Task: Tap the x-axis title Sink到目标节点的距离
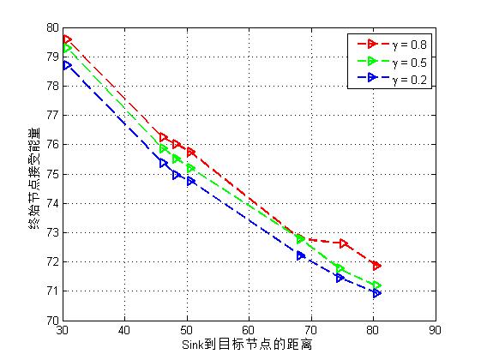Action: point(246,345)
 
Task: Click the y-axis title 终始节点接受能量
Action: point(33,177)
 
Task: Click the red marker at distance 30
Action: point(67,39)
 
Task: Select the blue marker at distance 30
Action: point(67,65)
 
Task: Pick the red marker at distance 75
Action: point(344,243)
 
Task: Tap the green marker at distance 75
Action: point(340,268)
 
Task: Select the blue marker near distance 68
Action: point(301,255)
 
